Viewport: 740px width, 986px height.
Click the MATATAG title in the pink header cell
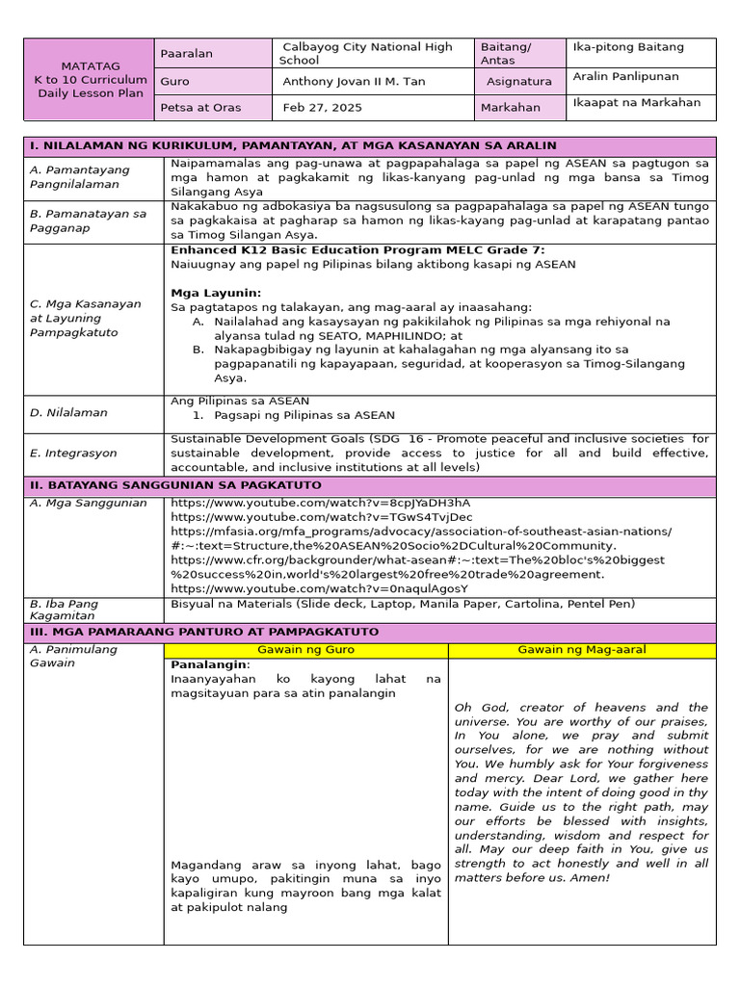coord(89,65)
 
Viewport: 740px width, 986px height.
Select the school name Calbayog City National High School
coord(366,53)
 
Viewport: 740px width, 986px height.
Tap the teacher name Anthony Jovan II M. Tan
coord(353,82)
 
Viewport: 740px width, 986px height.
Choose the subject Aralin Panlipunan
coord(624,76)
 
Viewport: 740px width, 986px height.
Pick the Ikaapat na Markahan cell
coord(636,103)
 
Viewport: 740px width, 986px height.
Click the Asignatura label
coord(518,82)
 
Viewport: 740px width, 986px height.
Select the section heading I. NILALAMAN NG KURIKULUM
coord(293,145)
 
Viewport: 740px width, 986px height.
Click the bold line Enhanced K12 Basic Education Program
coord(357,250)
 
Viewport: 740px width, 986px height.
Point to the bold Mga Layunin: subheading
coord(216,293)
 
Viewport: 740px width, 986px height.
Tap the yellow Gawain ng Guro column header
coord(306,650)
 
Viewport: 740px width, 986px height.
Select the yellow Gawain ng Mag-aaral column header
coord(582,650)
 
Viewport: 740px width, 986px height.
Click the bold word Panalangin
coord(210,664)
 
